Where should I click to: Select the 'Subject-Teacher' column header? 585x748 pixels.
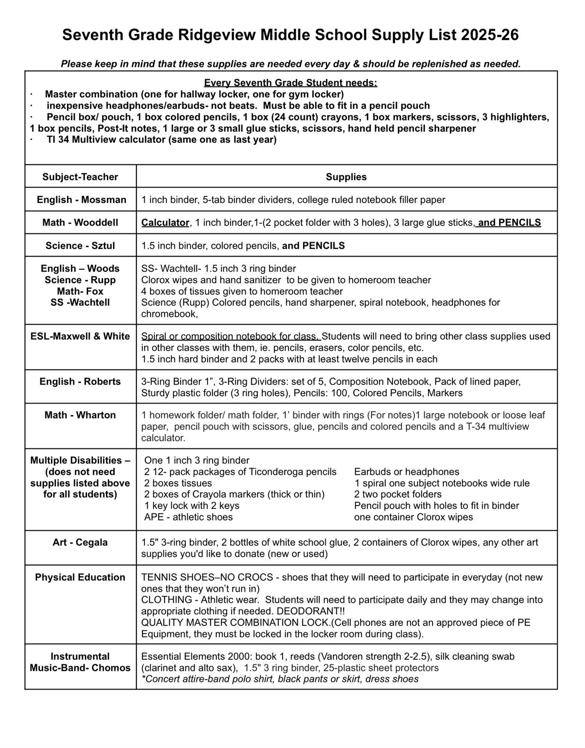(80, 177)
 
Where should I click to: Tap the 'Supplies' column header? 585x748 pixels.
(346, 177)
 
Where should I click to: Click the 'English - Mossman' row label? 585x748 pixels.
(82, 200)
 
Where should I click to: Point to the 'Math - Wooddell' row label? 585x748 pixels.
(80, 222)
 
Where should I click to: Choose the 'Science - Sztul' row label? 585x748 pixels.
(80, 245)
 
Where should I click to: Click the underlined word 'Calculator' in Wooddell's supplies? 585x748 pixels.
(165, 222)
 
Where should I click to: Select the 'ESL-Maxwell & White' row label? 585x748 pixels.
(80, 336)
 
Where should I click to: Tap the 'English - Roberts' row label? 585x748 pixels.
(80, 382)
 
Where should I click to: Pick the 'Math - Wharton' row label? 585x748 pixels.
(80, 415)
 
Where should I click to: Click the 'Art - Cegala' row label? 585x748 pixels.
(80, 542)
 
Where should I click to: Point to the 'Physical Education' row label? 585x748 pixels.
(80, 577)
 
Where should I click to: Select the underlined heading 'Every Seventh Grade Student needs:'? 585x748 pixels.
(291, 83)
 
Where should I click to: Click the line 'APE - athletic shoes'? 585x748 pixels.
(188, 517)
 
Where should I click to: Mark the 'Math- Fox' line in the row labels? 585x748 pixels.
(80, 291)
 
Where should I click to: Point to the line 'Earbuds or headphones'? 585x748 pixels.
(406, 472)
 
